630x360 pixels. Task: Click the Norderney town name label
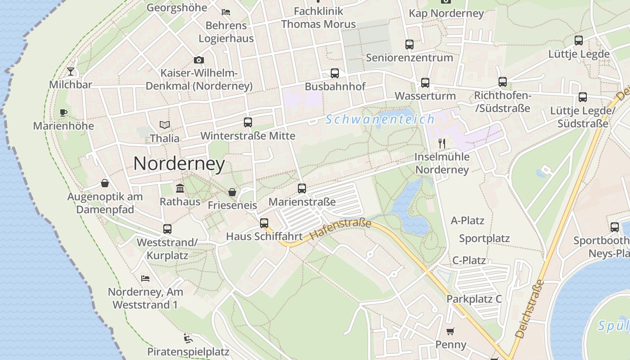179,163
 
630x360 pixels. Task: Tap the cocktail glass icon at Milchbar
71,71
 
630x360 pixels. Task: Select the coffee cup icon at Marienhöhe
63,112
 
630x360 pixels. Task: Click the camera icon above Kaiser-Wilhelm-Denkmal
198,60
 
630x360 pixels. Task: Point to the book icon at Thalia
165,125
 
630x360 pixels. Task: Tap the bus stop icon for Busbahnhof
335,73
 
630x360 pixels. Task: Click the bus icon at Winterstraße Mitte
247,122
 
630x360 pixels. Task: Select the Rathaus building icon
180,188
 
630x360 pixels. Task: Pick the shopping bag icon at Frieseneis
232,192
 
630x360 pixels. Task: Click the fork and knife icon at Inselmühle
442,144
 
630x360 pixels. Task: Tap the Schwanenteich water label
380,119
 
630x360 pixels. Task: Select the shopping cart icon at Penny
450,332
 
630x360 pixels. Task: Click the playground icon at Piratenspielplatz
188,338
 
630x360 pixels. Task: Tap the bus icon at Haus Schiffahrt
264,223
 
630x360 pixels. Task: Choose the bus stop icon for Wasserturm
425,82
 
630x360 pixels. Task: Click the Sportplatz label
484,238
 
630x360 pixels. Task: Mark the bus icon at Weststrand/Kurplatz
167,229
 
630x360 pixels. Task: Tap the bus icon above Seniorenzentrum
409,44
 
